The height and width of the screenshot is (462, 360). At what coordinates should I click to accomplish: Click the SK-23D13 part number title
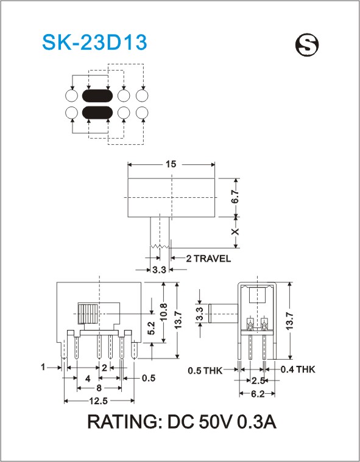click(94, 43)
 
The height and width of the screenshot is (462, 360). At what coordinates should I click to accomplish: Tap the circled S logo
click(307, 44)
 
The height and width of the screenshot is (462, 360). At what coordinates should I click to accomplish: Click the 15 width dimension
click(171, 164)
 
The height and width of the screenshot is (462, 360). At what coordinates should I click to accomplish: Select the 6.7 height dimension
click(235, 197)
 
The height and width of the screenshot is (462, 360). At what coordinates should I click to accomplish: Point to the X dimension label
click(235, 231)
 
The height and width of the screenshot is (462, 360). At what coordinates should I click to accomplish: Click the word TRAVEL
click(212, 259)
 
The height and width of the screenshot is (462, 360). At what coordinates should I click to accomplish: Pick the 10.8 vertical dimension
click(164, 312)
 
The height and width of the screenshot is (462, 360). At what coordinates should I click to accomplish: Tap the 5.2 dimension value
click(151, 328)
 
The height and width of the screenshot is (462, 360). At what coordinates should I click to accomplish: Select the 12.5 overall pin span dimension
click(99, 401)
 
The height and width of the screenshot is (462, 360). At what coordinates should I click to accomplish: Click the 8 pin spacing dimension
click(99, 388)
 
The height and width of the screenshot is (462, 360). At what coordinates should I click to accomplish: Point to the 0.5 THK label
click(205, 370)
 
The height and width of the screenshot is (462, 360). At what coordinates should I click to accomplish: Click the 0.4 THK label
click(298, 369)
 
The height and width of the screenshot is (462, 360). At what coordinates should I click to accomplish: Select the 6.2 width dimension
click(258, 394)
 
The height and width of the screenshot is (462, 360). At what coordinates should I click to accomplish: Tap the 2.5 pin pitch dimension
click(258, 380)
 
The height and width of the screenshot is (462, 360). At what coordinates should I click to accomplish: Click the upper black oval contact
click(97, 96)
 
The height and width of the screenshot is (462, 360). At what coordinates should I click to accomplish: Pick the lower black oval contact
click(97, 113)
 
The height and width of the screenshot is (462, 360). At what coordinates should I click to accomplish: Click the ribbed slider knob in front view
click(88, 313)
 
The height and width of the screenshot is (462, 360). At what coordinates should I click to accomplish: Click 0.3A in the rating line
click(257, 422)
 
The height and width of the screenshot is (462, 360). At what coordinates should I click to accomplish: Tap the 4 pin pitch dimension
click(88, 379)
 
